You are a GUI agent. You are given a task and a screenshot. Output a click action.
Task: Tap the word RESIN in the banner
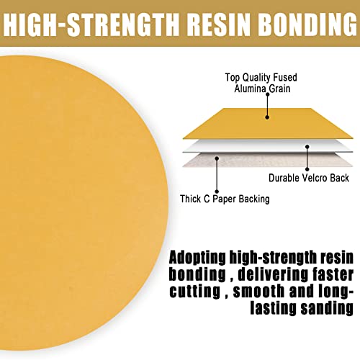coord(218,25)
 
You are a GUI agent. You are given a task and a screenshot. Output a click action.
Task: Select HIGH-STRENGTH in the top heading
coord(91,25)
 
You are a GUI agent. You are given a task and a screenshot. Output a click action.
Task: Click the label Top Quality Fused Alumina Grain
coord(261,83)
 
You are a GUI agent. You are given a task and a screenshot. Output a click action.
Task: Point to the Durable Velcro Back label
coord(309,178)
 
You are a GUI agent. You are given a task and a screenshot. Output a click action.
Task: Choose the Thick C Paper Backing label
coord(225,199)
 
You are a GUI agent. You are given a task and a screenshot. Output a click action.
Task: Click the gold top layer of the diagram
coord(268,124)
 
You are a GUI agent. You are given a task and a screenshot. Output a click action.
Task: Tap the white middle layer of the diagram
coord(268,146)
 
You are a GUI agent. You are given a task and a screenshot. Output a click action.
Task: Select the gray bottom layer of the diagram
coord(268,160)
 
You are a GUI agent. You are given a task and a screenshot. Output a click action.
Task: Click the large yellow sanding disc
coord(81,203)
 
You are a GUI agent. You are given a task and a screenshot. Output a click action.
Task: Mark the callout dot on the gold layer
coord(267,117)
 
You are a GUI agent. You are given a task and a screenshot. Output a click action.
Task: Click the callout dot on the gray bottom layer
coord(217,158)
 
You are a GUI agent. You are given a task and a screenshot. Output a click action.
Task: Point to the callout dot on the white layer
coord(307,147)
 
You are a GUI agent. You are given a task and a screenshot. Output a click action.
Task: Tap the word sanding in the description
coord(327,308)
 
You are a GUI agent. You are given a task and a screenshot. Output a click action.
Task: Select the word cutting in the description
coord(195,292)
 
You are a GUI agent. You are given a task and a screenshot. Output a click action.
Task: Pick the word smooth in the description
coord(258,291)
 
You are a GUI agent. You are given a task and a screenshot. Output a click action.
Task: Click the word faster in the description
coord(333,274)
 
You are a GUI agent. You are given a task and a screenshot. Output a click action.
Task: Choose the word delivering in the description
coord(273,275)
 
